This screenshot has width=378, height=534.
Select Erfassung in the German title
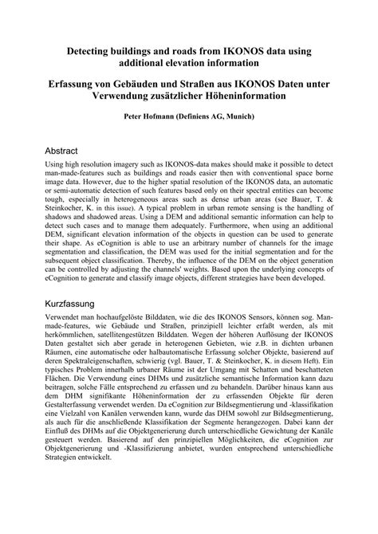click(78, 83)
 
